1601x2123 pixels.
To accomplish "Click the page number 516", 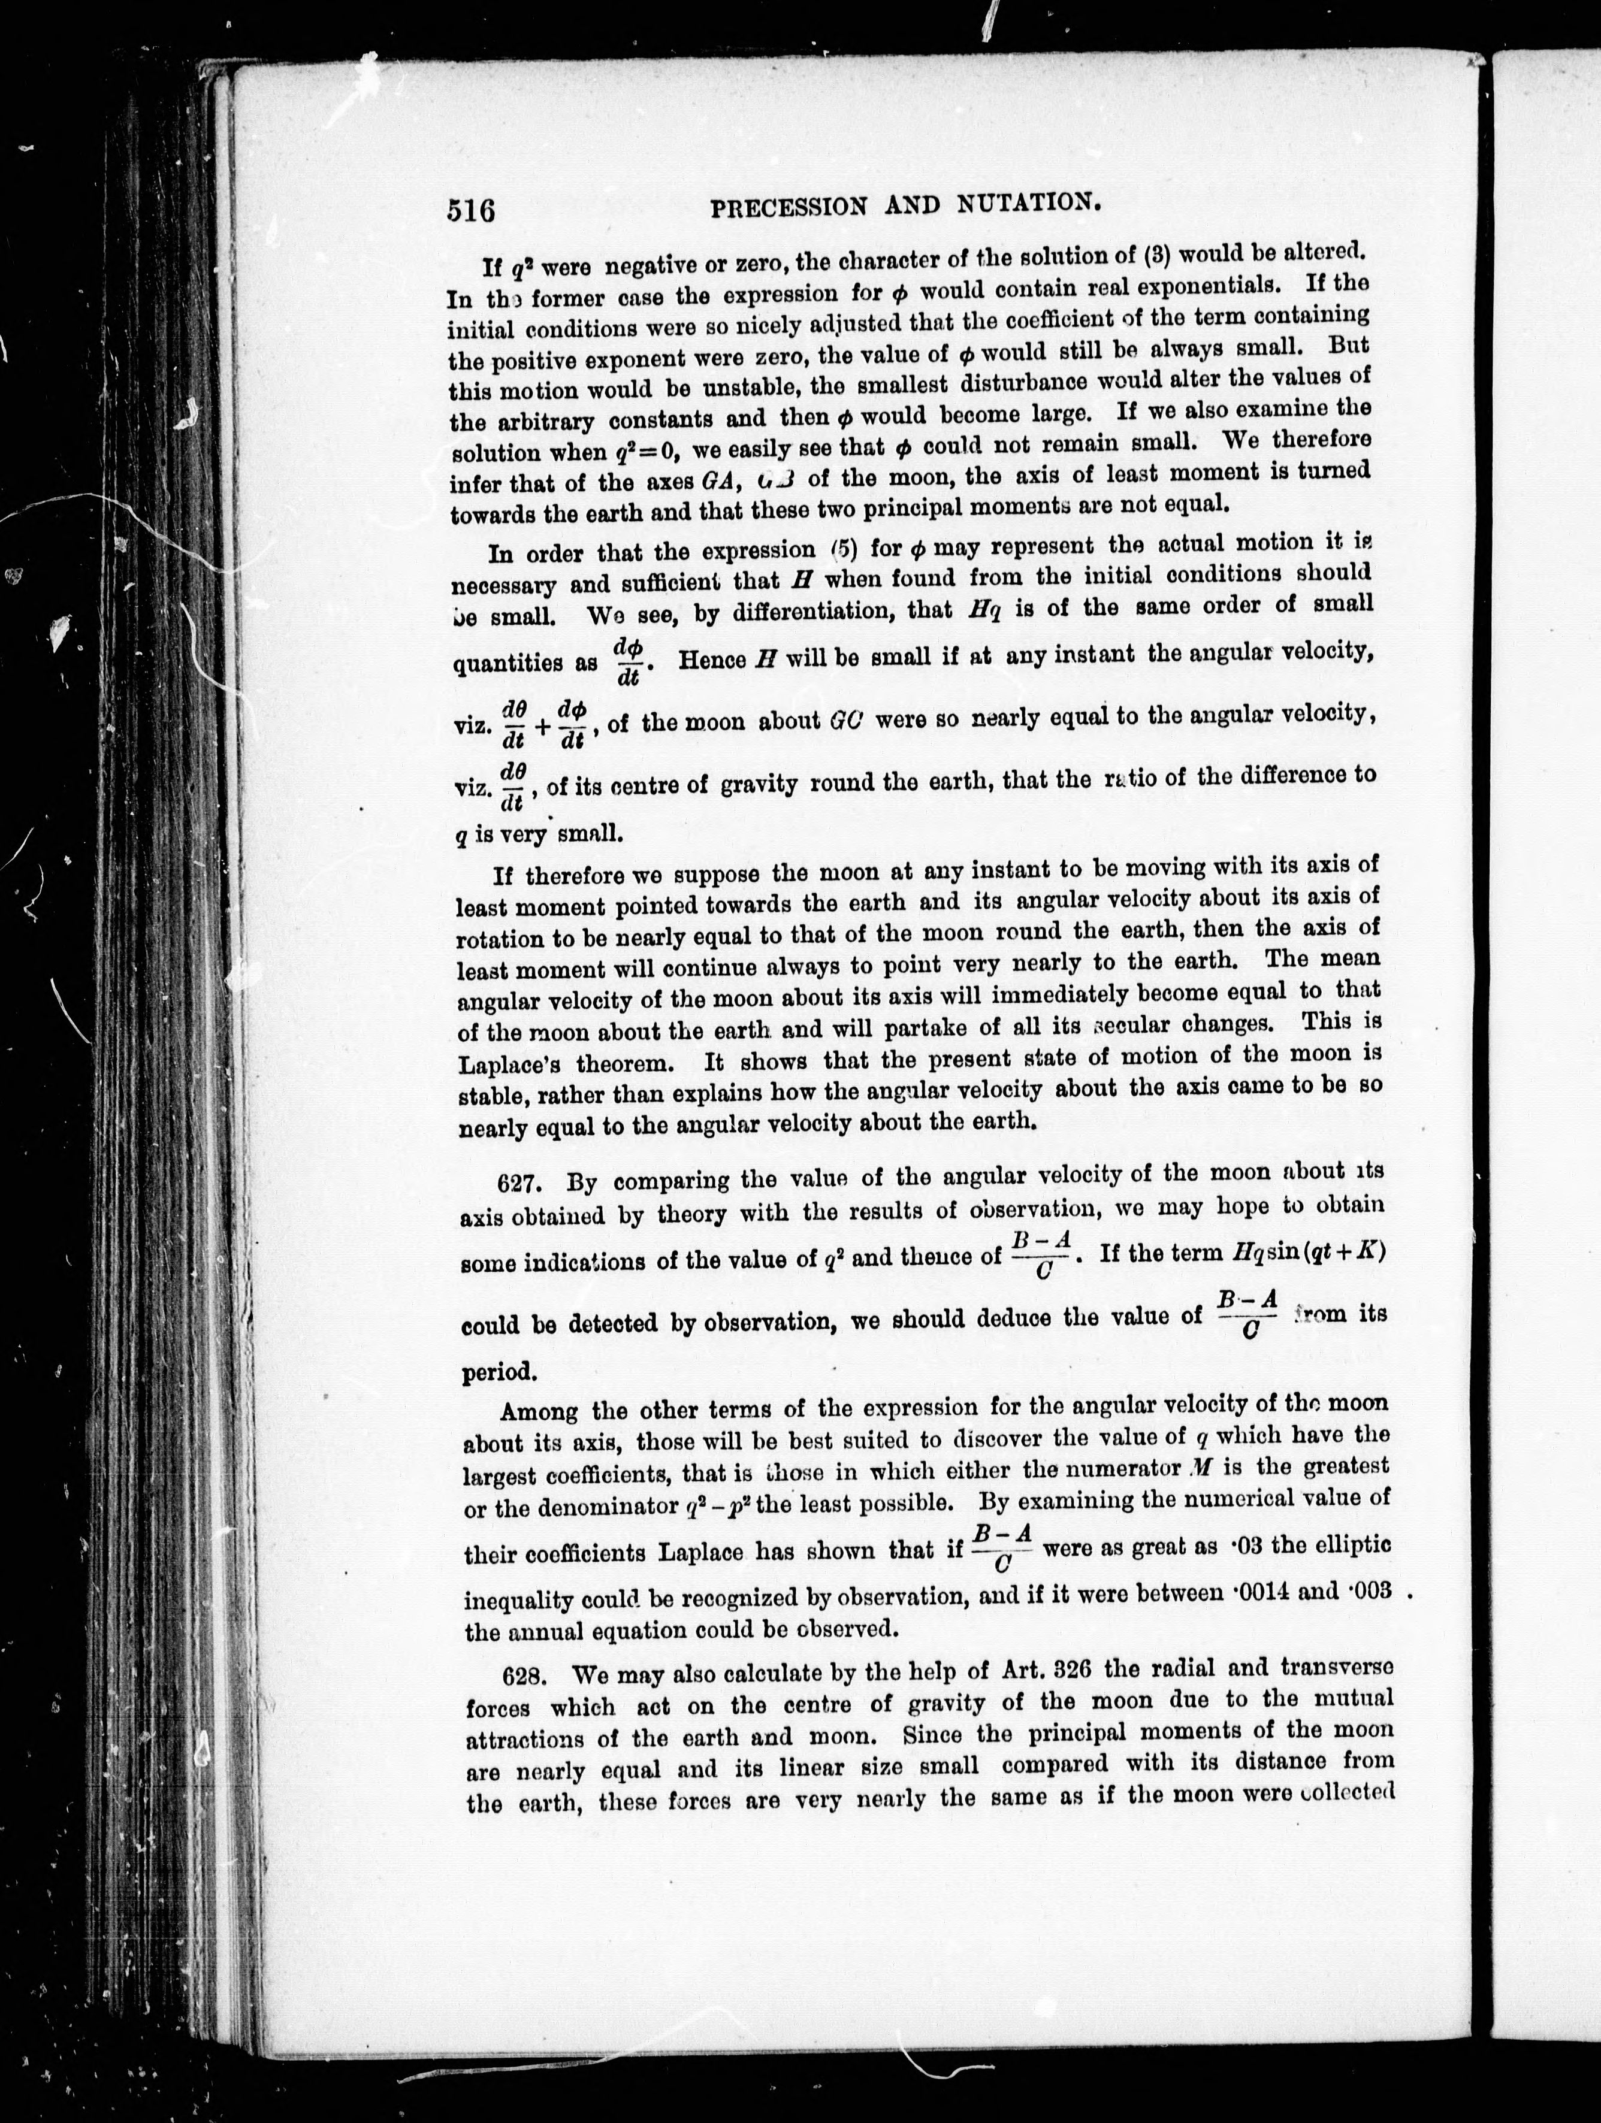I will pos(472,209).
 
